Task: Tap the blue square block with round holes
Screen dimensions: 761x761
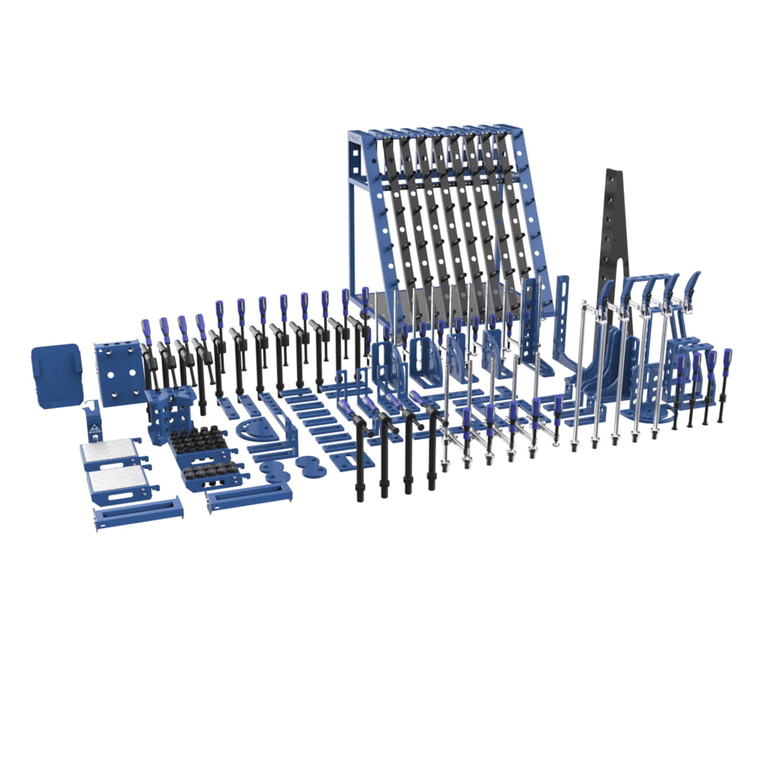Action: (119, 373)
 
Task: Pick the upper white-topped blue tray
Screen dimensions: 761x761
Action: (111, 454)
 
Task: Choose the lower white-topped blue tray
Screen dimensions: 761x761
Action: (120, 483)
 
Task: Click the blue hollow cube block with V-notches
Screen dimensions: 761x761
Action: (169, 415)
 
